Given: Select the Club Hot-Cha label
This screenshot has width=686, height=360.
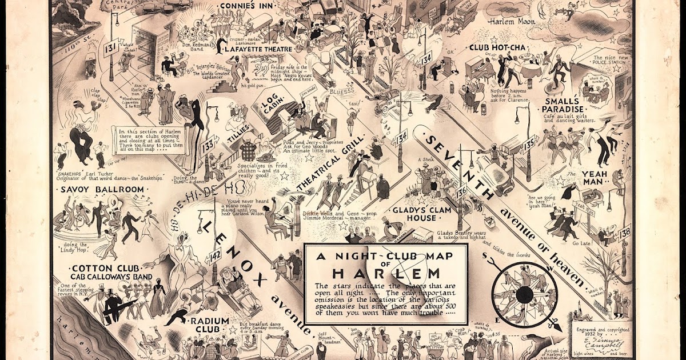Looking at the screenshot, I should tap(494, 47).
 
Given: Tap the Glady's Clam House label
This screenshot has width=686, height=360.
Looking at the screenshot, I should tap(414, 214).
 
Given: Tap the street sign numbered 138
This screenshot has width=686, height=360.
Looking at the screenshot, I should tap(624, 232).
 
